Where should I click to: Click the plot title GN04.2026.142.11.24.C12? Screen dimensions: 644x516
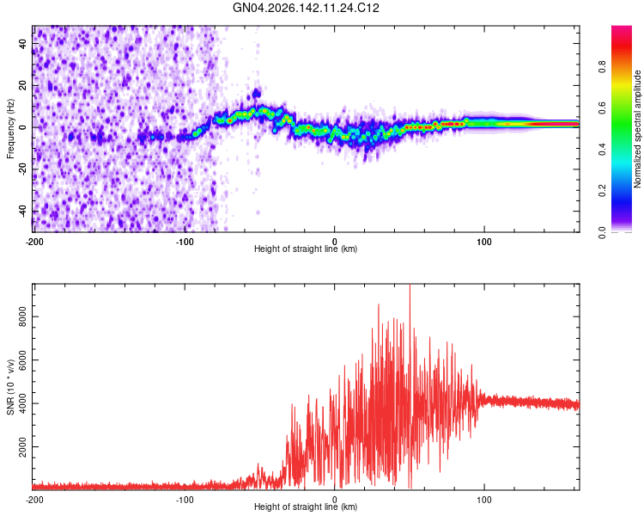[x=306, y=8]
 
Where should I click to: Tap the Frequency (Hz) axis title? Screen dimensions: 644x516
[x=10, y=129]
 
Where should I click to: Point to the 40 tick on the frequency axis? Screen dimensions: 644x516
[x=22, y=43]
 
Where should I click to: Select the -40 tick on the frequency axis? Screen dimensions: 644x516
[x=22, y=212]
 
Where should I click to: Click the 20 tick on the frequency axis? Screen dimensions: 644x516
[x=22, y=86]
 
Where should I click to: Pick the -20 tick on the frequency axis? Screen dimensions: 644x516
[x=22, y=169]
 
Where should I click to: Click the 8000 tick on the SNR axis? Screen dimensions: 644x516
[x=22, y=316]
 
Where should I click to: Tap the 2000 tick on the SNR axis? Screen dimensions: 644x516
[x=22, y=447]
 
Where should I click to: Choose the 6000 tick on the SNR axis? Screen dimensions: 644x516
[x=22, y=360]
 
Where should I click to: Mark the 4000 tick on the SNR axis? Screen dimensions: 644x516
[x=22, y=403]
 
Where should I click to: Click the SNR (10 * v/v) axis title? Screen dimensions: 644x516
[x=10, y=387]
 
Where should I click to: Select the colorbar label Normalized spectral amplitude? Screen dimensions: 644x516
[x=637, y=129]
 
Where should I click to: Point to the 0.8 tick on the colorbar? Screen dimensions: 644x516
[x=602, y=66]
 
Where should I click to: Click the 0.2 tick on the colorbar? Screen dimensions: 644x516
[x=602, y=191]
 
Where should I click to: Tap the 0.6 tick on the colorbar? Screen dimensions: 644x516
[x=602, y=107]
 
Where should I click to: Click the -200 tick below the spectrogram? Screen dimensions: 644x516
[x=34, y=242]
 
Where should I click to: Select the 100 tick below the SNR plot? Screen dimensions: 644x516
[x=484, y=500]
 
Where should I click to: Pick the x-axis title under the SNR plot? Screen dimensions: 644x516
[x=306, y=507]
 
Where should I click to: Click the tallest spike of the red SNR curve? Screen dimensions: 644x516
[x=410, y=286]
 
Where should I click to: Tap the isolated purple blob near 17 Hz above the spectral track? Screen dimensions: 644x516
[x=257, y=93]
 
